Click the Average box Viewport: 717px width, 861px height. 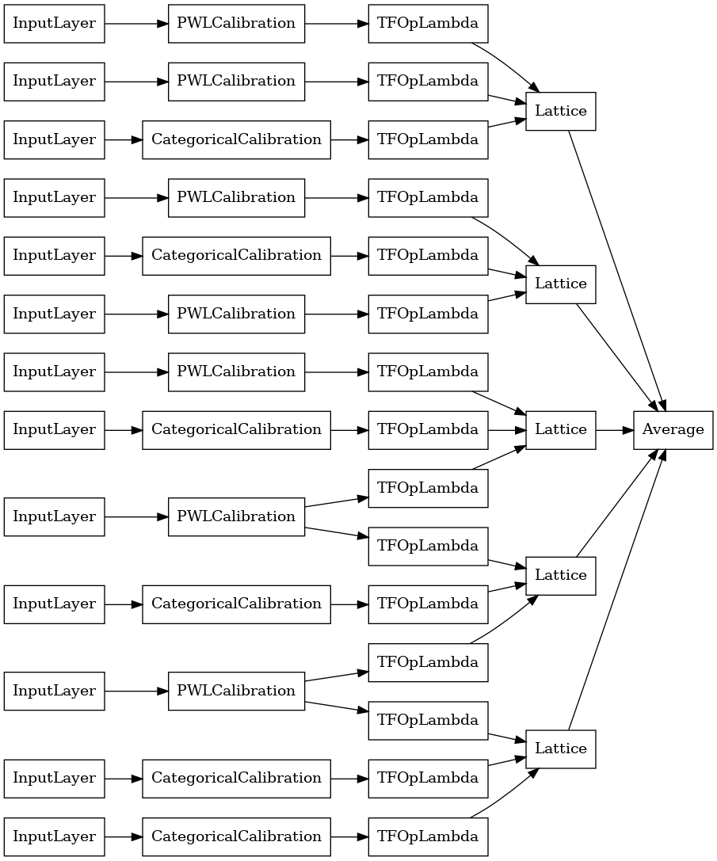pyautogui.click(x=673, y=429)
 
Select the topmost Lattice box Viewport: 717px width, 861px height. pyautogui.click(x=560, y=111)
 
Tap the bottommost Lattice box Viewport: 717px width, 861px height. pyautogui.click(x=560, y=749)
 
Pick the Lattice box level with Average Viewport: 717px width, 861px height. pyautogui.click(x=560, y=429)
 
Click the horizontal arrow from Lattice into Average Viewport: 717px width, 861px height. pyautogui.click(x=614, y=429)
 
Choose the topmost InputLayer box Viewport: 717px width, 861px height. pyautogui.click(x=54, y=23)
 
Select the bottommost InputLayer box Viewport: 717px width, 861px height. pyautogui.click(x=54, y=836)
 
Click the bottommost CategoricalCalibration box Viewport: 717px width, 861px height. pyautogui.click(x=236, y=836)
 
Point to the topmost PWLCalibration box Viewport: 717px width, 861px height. pyautogui.click(x=236, y=23)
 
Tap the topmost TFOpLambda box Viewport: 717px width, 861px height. pyautogui.click(x=428, y=23)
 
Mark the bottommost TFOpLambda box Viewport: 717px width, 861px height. pyautogui.click(x=428, y=836)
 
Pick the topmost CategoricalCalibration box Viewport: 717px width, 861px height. pyautogui.click(x=236, y=139)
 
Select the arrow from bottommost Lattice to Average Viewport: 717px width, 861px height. pyautogui.click(x=616, y=590)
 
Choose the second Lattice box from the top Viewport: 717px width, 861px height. pyautogui.click(x=560, y=284)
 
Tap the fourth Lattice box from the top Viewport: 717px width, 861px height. pyautogui.click(x=560, y=575)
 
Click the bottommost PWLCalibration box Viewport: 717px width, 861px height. pyautogui.click(x=236, y=691)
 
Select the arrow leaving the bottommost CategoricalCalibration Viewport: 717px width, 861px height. pyautogui.click(x=349, y=836)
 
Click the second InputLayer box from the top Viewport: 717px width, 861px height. pyautogui.click(x=54, y=81)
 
